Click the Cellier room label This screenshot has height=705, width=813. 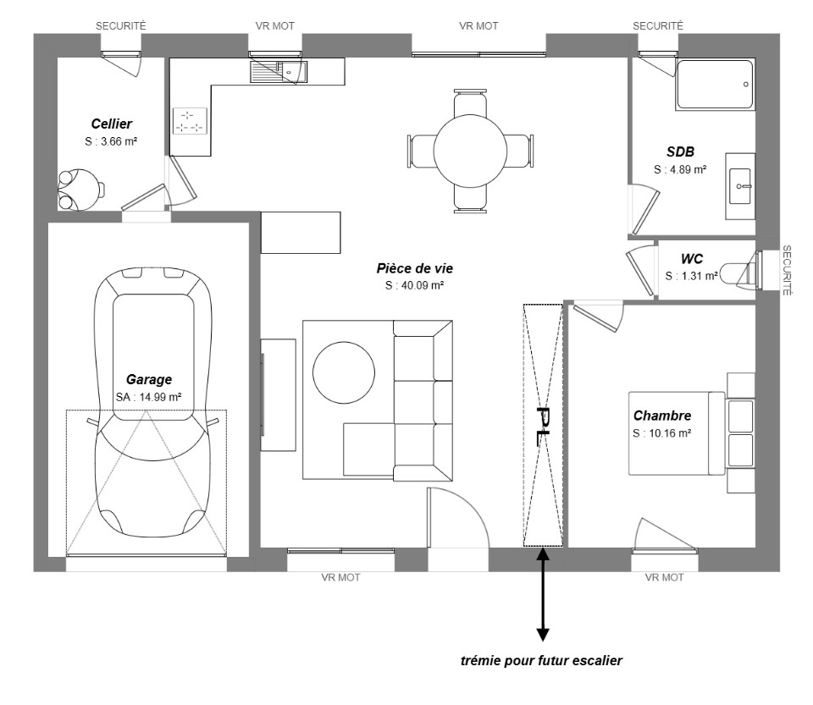(x=112, y=124)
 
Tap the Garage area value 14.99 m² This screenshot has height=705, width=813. (x=149, y=397)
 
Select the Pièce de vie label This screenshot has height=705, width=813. (x=415, y=268)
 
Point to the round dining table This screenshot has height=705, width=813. (x=470, y=151)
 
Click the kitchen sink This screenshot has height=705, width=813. (x=279, y=71)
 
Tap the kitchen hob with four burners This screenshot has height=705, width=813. (x=189, y=121)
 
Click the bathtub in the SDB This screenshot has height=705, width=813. (x=715, y=85)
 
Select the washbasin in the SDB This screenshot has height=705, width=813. (x=740, y=186)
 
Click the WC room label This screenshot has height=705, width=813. (x=692, y=258)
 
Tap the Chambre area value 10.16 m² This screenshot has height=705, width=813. (x=662, y=433)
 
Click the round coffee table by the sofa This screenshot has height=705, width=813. (x=344, y=372)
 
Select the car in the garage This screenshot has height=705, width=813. (x=152, y=403)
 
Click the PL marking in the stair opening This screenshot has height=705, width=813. (x=543, y=426)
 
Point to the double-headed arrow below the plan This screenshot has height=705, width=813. (x=543, y=595)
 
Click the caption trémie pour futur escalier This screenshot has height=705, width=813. (x=541, y=661)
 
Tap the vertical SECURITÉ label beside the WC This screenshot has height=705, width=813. (x=787, y=270)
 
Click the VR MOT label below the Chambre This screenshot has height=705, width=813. (x=664, y=577)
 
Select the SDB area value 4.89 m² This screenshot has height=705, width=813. (x=680, y=169)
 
